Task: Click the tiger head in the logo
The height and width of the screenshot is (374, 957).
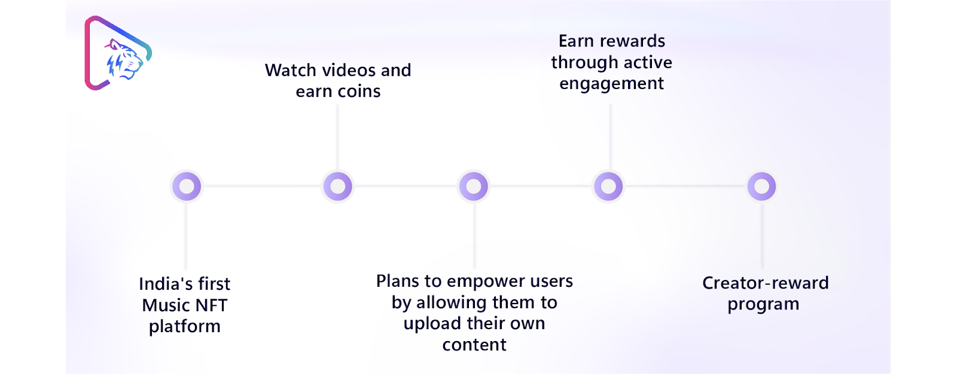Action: coord(124,59)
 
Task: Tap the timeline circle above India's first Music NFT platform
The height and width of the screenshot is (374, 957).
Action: coord(187,186)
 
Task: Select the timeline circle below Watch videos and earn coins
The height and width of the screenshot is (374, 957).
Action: coord(337,186)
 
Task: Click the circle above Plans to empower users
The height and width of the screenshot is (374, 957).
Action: coord(473,186)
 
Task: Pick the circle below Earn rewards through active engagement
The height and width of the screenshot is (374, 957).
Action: coord(608,186)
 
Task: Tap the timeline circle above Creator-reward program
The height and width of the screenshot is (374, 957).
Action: coord(761,186)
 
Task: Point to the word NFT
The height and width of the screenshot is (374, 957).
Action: coord(212,305)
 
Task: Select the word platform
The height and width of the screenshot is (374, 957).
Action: coord(185,327)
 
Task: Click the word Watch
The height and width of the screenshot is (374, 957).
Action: coord(291,70)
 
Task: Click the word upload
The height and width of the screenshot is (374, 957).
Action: coord(429,324)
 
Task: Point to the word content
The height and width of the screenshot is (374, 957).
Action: coord(474,345)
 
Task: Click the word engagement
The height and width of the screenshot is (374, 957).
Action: coord(611,84)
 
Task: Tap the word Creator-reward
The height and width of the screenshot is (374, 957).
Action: coord(765,283)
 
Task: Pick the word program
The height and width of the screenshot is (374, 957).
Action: coord(763,305)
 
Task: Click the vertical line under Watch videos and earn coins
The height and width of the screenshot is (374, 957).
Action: coord(337,137)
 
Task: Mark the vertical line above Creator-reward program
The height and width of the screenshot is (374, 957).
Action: coord(762,235)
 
